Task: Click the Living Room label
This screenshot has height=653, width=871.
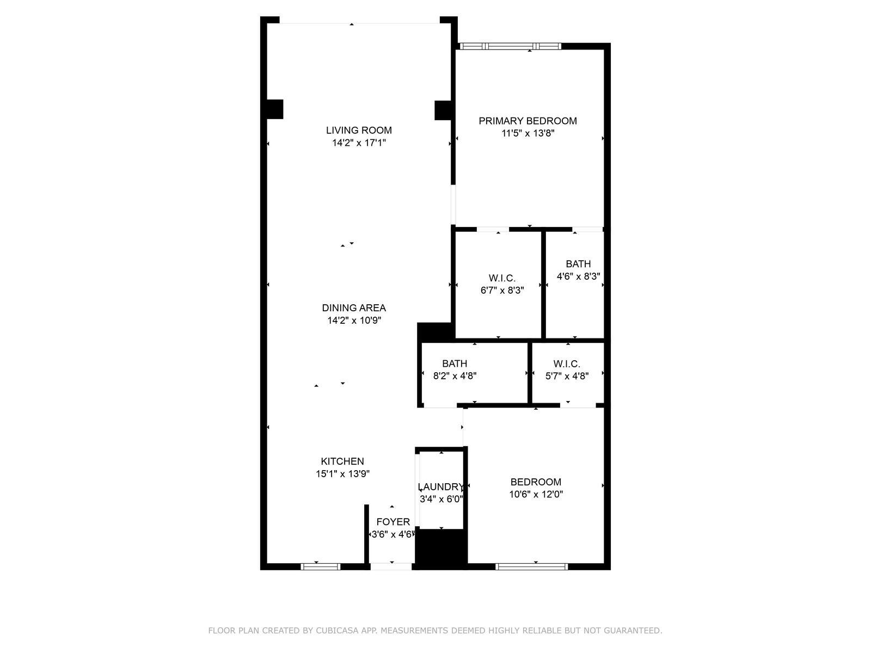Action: point(359,130)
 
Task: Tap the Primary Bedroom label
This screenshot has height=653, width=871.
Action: point(527,121)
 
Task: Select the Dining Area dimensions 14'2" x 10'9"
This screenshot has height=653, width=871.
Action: point(354,320)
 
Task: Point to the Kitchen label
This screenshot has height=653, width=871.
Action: point(342,461)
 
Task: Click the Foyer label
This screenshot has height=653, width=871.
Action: point(393,522)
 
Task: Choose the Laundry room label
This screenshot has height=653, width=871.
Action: point(440,487)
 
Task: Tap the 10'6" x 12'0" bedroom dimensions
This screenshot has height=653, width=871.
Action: point(536,494)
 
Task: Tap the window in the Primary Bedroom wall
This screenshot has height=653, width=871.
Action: point(510,46)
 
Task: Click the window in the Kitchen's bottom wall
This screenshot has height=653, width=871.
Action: point(320,566)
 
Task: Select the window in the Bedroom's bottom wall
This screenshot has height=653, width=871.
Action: point(531,566)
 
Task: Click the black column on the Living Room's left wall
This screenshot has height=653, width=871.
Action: point(274,109)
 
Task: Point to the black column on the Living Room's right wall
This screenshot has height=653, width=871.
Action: point(443,110)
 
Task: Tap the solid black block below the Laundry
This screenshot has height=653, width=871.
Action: point(440,549)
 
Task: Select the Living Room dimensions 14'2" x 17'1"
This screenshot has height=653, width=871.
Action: point(359,143)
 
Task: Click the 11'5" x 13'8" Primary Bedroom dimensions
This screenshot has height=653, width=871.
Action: point(527,133)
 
